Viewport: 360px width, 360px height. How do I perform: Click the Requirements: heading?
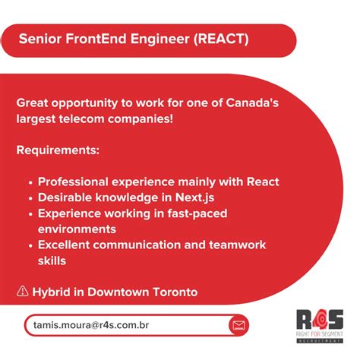click(58, 150)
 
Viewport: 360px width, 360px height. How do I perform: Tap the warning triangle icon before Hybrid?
click(22, 292)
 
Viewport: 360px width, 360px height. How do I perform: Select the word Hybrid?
click(52, 292)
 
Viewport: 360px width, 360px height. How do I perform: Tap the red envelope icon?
click(239, 326)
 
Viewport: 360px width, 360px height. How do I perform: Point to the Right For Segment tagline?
click(320, 339)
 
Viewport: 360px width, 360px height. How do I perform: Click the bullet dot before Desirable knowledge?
click(29, 198)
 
